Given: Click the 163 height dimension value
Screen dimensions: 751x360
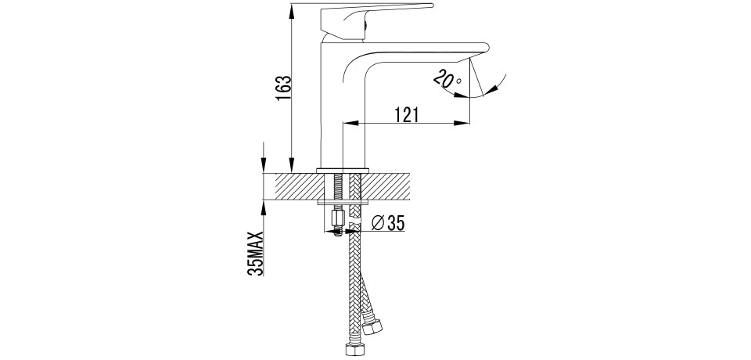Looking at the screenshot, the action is [283, 88].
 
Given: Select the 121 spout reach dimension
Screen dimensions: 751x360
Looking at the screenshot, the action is [406, 115].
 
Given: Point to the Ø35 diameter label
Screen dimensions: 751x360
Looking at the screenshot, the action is [388, 223].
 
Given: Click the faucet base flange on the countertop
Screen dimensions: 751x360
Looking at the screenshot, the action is [343, 171].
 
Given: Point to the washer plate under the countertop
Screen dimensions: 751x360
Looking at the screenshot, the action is [343, 202].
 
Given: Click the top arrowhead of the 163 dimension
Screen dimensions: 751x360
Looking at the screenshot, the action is [292, 10].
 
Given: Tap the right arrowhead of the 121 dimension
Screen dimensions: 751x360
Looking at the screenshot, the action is [462, 123].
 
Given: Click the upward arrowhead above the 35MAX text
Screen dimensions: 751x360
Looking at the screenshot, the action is [264, 207].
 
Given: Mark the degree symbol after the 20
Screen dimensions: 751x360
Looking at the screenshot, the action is [459, 81].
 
